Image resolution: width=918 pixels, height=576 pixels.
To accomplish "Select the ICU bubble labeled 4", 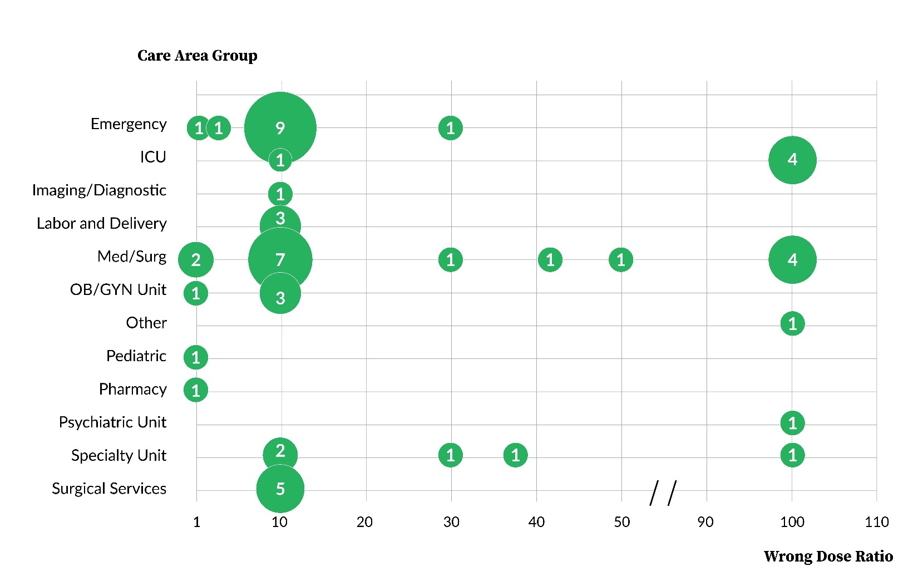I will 792,160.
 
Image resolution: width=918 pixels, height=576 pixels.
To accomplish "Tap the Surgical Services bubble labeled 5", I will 280,489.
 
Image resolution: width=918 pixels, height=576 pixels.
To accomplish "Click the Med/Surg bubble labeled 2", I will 196,260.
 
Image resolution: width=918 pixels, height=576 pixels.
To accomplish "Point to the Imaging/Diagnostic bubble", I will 280,194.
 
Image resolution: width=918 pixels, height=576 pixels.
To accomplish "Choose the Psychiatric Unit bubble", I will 792,423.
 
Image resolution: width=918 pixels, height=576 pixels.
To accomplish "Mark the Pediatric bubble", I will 196,357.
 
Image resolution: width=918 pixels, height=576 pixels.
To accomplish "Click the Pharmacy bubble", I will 196,390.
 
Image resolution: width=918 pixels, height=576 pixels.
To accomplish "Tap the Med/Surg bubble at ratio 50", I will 621,260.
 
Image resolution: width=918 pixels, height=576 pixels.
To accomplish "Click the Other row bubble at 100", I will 792,323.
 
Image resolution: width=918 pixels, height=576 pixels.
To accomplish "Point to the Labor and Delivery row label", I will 102,224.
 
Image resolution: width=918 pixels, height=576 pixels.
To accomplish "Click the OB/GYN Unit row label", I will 118,290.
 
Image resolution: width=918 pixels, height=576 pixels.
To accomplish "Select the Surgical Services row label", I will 109,489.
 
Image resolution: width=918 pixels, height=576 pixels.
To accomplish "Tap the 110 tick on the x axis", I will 877,522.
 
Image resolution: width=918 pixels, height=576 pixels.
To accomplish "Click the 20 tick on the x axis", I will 365,522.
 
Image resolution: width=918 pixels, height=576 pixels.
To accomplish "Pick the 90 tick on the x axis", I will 705,522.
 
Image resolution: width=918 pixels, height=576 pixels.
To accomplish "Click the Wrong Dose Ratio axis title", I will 828,557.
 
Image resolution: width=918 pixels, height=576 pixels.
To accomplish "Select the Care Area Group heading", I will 198,56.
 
